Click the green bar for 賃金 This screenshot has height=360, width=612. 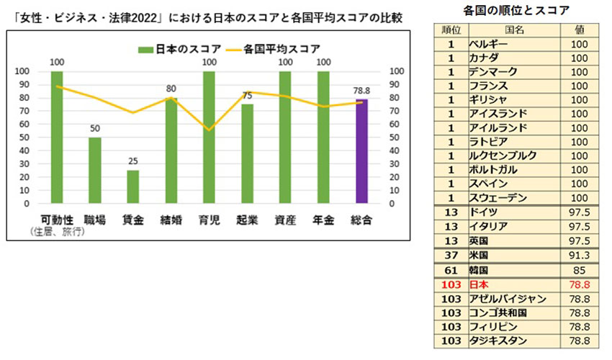coord(132,186)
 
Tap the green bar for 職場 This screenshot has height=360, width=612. coord(94,170)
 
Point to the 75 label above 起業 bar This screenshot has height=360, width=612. coord(247,96)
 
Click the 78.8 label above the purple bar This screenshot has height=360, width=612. coord(361,91)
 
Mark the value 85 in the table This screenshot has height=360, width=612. coord(579,270)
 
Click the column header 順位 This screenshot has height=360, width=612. coord(450,30)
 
